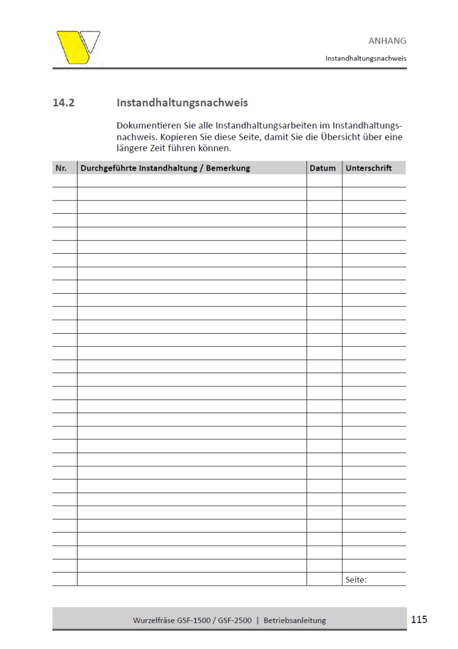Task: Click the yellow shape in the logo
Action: pyautogui.click(x=73, y=47)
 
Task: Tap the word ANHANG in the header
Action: pyautogui.click(x=387, y=41)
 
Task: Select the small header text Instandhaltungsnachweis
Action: pyautogui.click(x=366, y=59)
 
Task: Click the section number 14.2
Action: pyautogui.click(x=63, y=103)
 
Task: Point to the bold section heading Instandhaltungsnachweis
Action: pyautogui.click(x=182, y=103)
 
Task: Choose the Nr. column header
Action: pyautogui.click(x=61, y=168)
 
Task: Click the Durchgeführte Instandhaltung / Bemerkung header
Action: pyautogui.click(x=165, y=168)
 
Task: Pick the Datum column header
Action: pyautogui.click(x=323, y=168)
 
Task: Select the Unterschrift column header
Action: pyautogui.click(x=369, y=168)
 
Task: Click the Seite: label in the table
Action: pyautogui.click(x=356, y=579)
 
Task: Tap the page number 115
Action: pyautogui.click(x=419, y=619)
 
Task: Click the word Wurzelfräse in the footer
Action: pyautogui.click(x=153, y=620)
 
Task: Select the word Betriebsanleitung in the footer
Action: pyautogui.click(x=295, y=620)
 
